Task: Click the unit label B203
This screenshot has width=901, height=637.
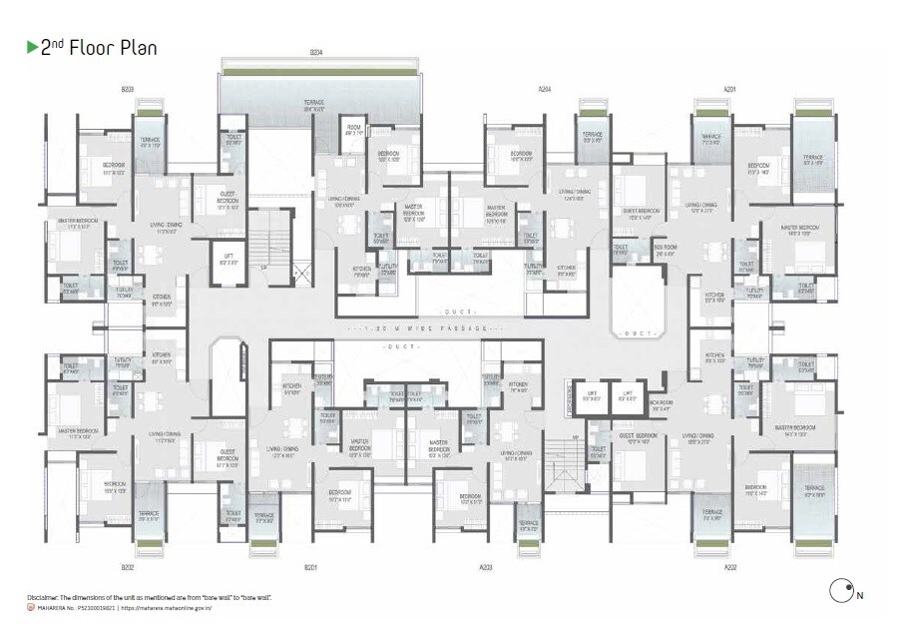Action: (x=128, y=89)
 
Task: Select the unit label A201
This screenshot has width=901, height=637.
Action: (x=729, y=89)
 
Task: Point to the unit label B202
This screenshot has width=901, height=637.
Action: (x=128, y=567)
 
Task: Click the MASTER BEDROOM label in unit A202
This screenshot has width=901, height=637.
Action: (x=796, y=429)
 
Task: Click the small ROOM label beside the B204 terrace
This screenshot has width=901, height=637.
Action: (x=354, y=130)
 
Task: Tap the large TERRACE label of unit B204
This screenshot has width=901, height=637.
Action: (x=315, y=106)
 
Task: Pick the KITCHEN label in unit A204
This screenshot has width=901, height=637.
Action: (x=567, y=269)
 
